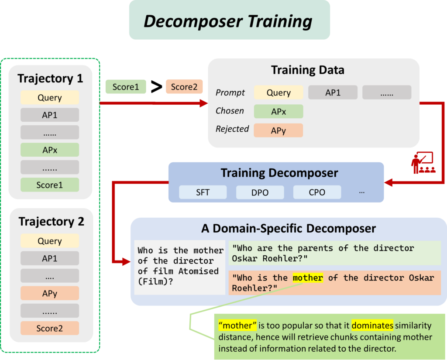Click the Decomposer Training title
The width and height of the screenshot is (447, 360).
coord(229,21)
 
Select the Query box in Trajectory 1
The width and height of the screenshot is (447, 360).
coord(50,98)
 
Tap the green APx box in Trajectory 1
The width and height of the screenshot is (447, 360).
coord(50,150)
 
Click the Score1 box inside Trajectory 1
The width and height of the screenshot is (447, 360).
coord(50,185)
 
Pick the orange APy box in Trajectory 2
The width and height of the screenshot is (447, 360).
coord(50,293)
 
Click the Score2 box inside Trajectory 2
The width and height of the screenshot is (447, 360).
coord(50,328)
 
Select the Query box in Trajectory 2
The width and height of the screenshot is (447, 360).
coord(50,241)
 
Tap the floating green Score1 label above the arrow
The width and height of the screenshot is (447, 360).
coord(126,87)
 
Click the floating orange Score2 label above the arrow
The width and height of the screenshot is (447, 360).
coord(184,87)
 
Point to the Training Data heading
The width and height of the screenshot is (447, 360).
coord(307,70)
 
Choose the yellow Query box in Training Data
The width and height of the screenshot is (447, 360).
coord(279,93)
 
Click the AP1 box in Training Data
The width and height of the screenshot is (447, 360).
coord(333,93)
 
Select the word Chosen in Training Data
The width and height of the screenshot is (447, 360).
coord(230,111)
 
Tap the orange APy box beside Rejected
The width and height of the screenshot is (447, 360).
coord(279,130)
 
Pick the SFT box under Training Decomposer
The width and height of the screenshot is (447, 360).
coord(203,192)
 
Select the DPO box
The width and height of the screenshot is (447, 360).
coord(260,192)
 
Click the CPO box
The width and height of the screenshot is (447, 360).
coord(317,192)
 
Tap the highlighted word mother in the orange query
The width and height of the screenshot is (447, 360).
coord(308,278)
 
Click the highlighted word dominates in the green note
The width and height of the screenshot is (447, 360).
coord(372,326)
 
